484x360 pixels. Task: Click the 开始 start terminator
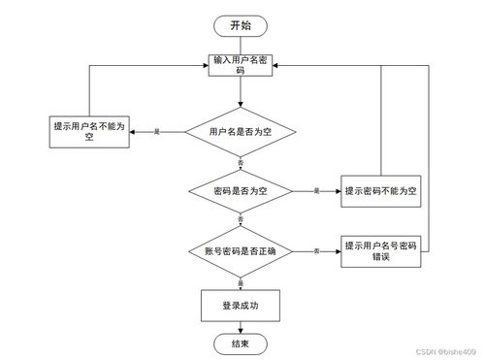(x=241, y=26)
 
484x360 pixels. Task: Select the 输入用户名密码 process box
(x=241, y=65)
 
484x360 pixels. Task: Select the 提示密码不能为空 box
(x=380, y=191)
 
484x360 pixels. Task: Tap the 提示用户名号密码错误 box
(x=380, y=251)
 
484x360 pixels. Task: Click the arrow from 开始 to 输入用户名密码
(x=241, y=45)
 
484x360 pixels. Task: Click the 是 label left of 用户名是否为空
(x=156, y=132)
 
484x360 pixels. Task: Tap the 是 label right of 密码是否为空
(x=314, y=192)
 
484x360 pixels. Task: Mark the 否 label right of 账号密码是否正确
(x=316, y=252)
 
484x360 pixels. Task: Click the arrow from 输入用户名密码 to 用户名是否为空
(x=241, y=91)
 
